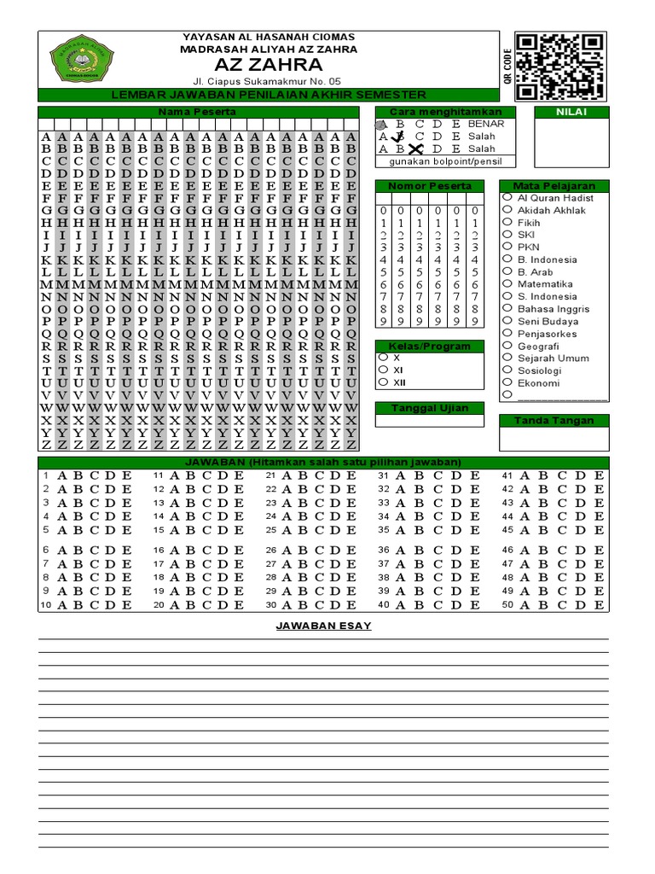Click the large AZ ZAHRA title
click(x=268, y=66)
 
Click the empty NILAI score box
click(x=571, y=143)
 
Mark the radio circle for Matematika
click(x=507, y=284)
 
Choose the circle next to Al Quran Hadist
click(x=507, y=197)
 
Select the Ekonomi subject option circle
click(x=507, y=383)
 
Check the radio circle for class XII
click(x=383, y=382)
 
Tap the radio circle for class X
click(x=383, y=358)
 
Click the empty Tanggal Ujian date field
click(x=429, y=421)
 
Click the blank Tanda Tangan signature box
click(x=554, y=438)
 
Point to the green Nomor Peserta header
click(x=429, y=186)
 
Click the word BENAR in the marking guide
click(x=486, y=124)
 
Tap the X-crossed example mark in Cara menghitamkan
click(x=415, y=149)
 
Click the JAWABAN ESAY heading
click(x=323, y=626)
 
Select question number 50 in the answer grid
click(x=507, y=605)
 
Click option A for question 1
click(x=61, y=475)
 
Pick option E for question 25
click(x=351, y=529)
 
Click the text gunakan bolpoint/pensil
click(x=429, y=161)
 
